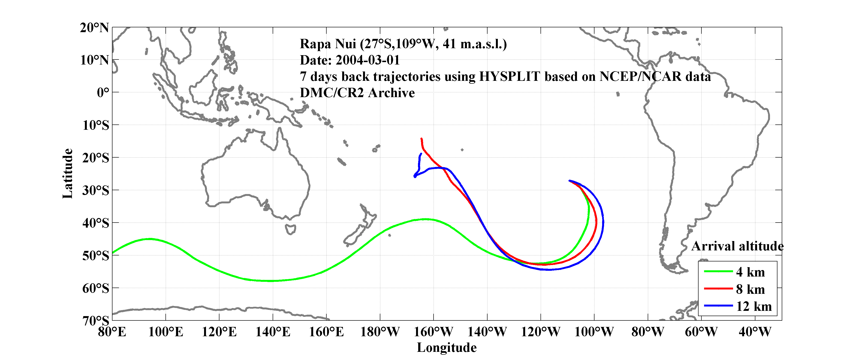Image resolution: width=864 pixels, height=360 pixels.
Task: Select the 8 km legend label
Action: (x=750, y=289)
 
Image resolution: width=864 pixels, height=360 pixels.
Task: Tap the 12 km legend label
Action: (x=754, y=306)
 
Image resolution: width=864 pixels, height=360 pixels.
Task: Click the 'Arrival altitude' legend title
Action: (x=737, y=246)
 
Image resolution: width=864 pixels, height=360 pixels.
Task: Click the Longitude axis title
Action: (x=447, y=348)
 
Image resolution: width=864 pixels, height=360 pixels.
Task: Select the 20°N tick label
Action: (x=94, y=28)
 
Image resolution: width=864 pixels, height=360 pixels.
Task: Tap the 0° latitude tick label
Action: (x=103, y=92)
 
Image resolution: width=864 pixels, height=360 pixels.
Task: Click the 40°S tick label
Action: (x=96, y=223)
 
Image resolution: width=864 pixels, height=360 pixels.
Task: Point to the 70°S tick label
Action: (x=96, y=321)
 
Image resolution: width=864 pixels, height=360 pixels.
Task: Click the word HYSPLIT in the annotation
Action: (x=509, y=77)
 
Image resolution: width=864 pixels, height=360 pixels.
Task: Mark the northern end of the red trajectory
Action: (x=421, y=139)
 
